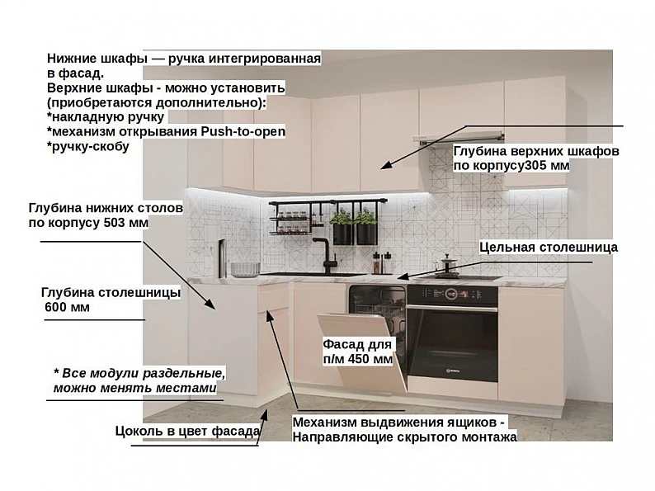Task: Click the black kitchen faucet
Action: (x=326, y=256)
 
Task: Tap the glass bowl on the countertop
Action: (x=245, y=270)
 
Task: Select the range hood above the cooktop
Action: (x=459, y=138)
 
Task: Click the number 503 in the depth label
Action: (x=115, y=222)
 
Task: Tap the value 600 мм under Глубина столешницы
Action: (x=67, y=307)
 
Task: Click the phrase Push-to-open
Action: (x=243, y=131)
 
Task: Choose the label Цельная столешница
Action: (x=549, y=247)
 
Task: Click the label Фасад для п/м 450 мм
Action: (x=357, y=352)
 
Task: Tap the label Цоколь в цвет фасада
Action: (x=187, y=431)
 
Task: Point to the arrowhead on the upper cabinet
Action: (x=386, y=165)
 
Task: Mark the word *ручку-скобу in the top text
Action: (x=88, y=147)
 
